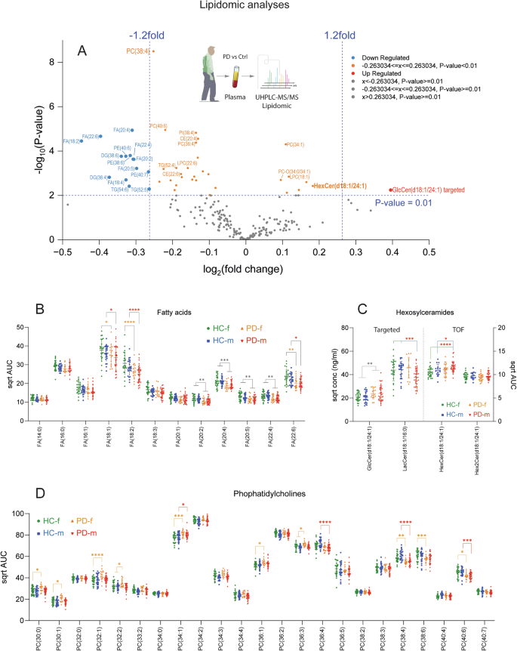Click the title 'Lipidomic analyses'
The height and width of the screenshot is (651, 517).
click(x=257, y=6)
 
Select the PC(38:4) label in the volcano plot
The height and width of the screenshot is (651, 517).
click(x=137, y=51)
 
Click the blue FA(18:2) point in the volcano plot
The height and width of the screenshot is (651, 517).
click(x=82, y=140)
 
